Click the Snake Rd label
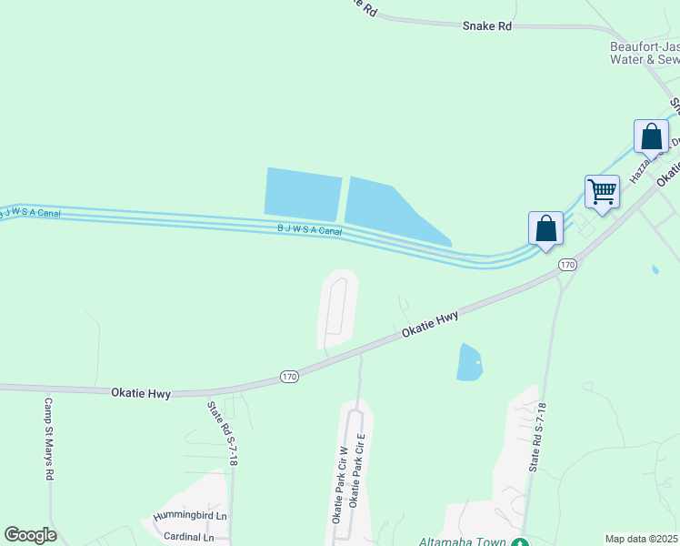pyautogui.click(x=486, y=26)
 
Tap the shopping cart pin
pyautogui.click(x=602, y=192)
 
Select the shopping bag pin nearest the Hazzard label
pyautogui.click(x=651, y=137)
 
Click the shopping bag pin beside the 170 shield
pyautogui.click(x=545, y=228)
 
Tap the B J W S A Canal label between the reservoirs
pyautogui.click(x=309, y=230)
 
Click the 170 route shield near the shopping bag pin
pyautogui.click(x=568, y=265)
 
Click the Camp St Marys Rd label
pyautogui.click(x=49, y=439)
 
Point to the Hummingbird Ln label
pyautogui.click(x=189, y=516)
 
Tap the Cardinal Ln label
pyautogui.click(x=189, y=537)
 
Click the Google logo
pyautogui.click(x=30, y=535)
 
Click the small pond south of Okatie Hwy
pyautogui.click(x=468, y=362)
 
